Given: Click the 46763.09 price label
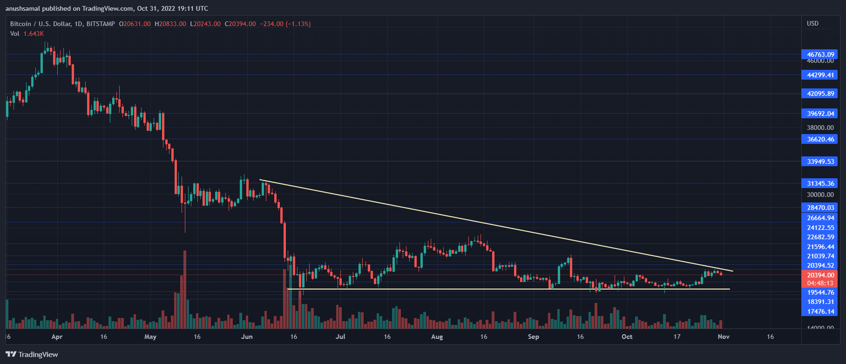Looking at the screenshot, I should [820, 54].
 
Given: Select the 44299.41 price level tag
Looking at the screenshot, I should [820, 75].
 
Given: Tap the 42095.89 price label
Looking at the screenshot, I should [820, 94].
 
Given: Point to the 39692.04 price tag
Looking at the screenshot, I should [820, 114].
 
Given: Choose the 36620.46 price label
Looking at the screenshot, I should [820, 139].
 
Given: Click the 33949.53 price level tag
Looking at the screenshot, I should [820, 162].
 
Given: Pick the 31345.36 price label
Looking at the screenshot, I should [820, 183].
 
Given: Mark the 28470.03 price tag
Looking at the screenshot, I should [820, 208].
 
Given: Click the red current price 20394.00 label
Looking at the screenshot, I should [820, 275].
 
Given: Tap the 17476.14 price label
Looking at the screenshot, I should [820, 311].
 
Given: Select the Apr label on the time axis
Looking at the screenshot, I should [57, 337].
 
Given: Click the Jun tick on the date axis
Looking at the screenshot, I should [247, 337].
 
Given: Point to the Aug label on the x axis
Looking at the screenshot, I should [437, 337].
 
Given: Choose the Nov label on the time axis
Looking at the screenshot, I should [723, 337].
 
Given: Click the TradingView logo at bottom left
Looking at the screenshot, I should [32, 355].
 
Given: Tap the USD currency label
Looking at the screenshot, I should [812, 23].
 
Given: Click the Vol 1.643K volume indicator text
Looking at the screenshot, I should [27, 34].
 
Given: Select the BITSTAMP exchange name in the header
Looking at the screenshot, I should [101, 24].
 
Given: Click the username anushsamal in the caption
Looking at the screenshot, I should [23, 8].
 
